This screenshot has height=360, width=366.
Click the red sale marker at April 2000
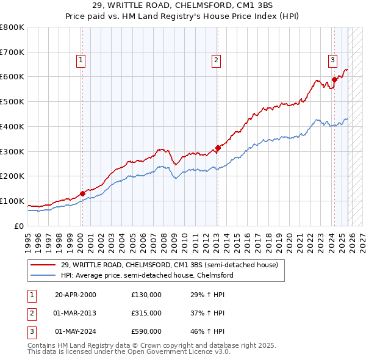(82, 193)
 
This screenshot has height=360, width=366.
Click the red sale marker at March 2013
(217, 147)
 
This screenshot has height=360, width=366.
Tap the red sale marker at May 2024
(334, 79)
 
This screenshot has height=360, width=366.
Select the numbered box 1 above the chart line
(81, 60)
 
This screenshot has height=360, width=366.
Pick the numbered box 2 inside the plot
(216, 60)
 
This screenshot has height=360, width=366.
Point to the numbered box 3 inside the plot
(332, 60)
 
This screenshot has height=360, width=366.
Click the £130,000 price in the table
(146, 295)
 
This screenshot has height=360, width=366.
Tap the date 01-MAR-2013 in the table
(76, 313)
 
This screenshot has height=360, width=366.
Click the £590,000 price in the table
(146, 331)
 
